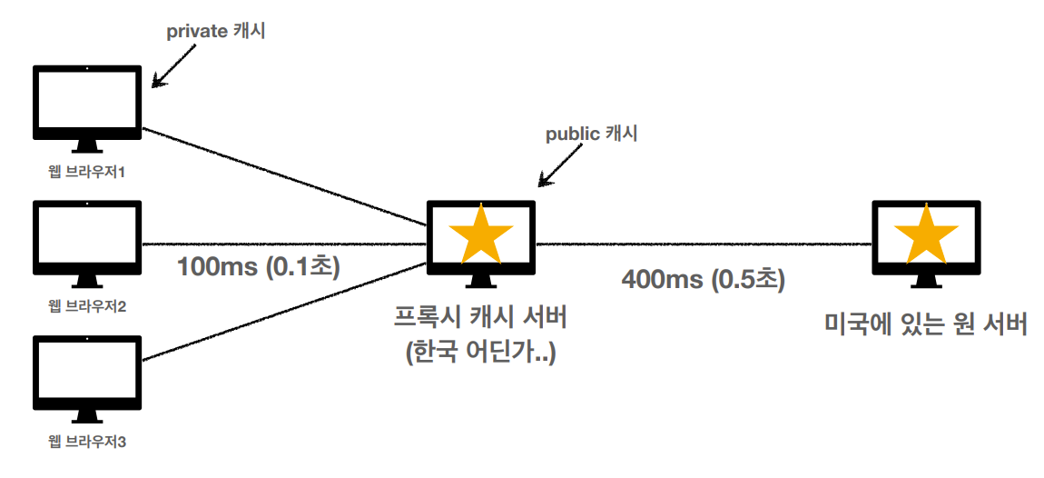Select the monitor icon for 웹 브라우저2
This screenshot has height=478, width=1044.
87,237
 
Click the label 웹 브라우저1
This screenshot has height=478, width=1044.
86,172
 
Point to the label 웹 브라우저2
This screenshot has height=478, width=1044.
86,306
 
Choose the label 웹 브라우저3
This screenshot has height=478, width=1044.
86,443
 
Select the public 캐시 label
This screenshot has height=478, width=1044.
591,134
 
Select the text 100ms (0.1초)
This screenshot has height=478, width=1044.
257,269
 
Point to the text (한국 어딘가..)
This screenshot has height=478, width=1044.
480,351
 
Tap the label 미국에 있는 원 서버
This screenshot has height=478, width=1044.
926,324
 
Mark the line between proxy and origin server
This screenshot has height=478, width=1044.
704,244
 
